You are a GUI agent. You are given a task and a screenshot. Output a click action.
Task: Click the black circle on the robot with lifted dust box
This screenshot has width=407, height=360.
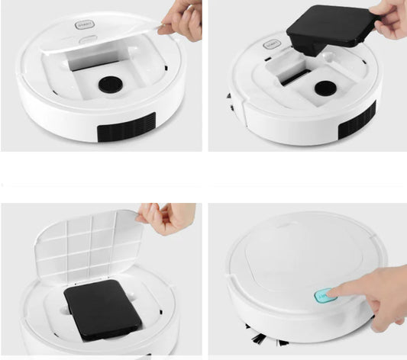click(325, 88)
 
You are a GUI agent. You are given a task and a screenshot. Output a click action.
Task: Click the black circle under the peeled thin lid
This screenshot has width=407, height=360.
click(110, 83)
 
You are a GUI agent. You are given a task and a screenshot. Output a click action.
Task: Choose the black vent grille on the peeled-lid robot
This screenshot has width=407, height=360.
click(126, 127)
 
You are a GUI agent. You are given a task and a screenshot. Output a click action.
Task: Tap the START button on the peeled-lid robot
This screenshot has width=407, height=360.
click(83, 24)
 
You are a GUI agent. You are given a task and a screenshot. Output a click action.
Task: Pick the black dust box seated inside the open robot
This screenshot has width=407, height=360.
click(101, 309)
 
